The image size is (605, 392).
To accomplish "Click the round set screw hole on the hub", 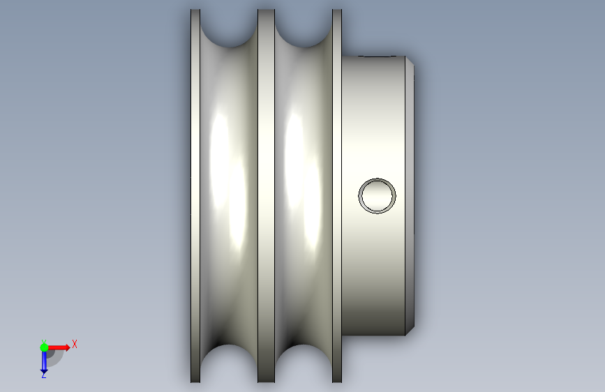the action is point(377,195).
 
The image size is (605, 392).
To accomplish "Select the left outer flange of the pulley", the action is point(195,196).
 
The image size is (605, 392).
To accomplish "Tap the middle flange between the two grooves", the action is point(267,196).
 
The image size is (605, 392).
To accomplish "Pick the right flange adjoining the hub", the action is point(337,196).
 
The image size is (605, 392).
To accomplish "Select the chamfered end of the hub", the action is point(410,196).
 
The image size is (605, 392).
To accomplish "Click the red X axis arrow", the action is point(58,347).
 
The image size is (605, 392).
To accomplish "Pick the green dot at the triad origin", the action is point(44,347).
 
